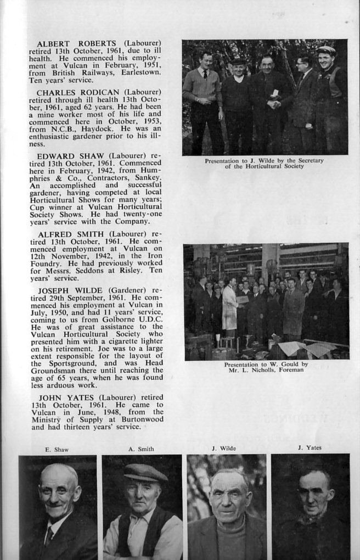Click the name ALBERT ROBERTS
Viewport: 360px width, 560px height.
coord(77,43)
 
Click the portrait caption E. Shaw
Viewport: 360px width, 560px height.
coord(57,450)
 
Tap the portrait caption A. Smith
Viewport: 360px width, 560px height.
coord(141,449)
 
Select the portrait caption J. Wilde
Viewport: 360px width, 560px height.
coord(224,449)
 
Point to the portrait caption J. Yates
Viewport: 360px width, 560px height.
coord(310,448)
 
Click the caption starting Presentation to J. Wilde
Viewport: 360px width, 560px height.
coord(264,163)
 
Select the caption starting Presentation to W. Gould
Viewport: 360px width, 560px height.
coord(266,367)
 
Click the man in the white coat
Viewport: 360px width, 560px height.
coord(230,307)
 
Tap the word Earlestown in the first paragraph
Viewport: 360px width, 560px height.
coord(137,72)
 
